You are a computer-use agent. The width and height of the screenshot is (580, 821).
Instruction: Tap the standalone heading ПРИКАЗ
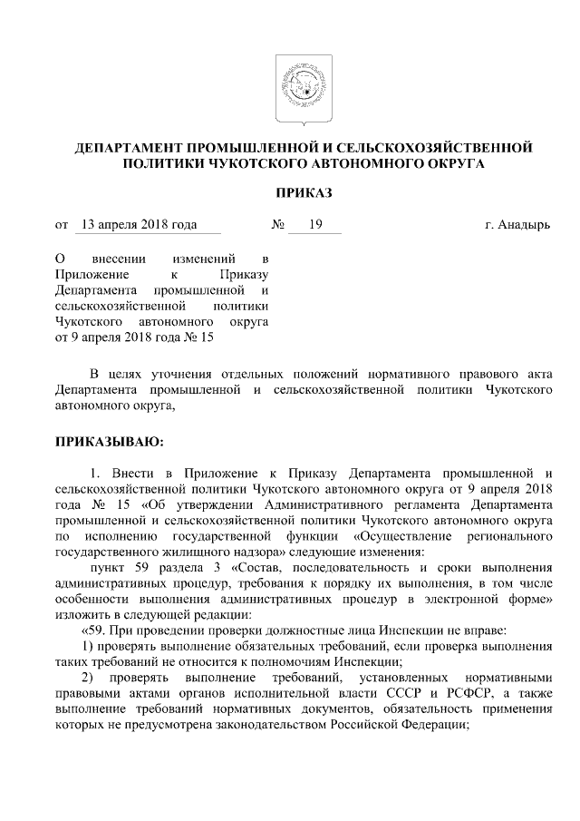pyautogui.click(x=290, y=193)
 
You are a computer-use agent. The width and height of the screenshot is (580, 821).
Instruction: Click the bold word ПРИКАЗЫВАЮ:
pyautogui.click(x=109, y=442)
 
